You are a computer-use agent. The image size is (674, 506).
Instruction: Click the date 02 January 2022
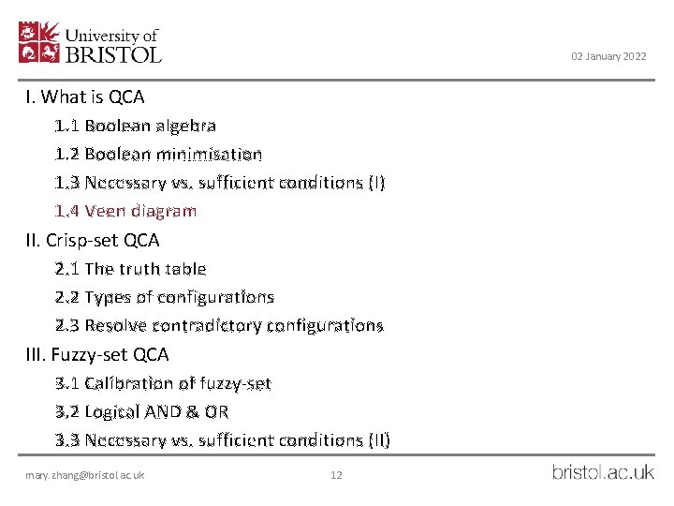tap(608, 57)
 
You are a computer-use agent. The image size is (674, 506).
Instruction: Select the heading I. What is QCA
tap(85, 97)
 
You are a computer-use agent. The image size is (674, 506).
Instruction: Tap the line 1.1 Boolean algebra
tap(136, 126)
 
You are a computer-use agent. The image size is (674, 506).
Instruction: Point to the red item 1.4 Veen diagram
tap(125, 211)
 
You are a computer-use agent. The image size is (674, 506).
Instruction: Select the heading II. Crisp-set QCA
tap(93, 240)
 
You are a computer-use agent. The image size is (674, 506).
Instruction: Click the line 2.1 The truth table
tap(130, 269)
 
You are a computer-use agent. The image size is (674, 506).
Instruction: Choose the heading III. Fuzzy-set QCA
tap(97, 354)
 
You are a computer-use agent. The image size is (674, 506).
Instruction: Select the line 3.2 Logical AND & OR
tap(141, 411)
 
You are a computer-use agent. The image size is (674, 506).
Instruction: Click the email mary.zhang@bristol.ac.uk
tap(85, 475)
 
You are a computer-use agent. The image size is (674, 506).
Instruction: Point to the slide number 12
tap(336, 475)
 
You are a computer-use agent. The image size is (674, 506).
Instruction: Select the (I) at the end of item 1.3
tap(374, 183)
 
